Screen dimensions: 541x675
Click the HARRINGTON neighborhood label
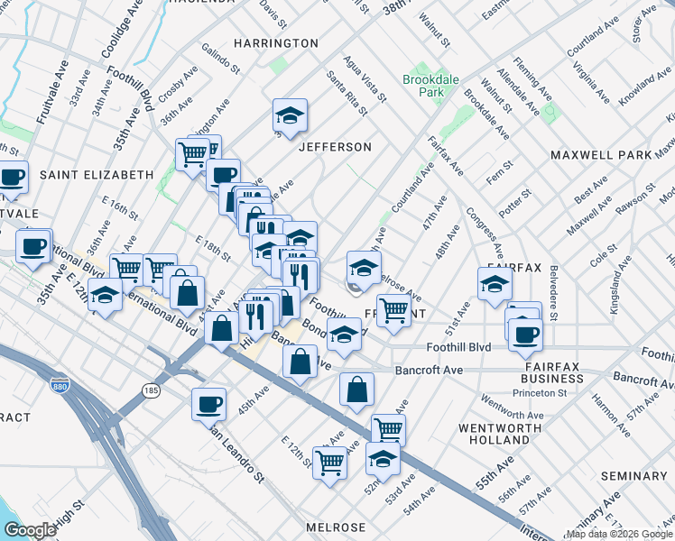(276, 43)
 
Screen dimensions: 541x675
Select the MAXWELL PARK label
(601, 155)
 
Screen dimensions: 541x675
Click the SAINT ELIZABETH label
(97, 174)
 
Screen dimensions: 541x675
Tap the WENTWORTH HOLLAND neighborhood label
(494, 434)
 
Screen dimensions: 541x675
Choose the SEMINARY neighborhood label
(637, 476)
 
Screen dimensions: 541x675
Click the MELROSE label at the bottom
(336, 527)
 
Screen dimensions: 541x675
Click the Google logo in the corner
(30, 530)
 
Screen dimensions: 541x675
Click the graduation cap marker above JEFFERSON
(291, 115)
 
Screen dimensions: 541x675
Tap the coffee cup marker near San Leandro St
(208, 402)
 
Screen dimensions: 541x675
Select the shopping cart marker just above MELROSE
(329, 463)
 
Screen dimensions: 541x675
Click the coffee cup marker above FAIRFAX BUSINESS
(524, 334)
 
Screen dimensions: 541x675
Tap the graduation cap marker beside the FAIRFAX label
(495, 284)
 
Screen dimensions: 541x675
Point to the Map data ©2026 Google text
(619, 534)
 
